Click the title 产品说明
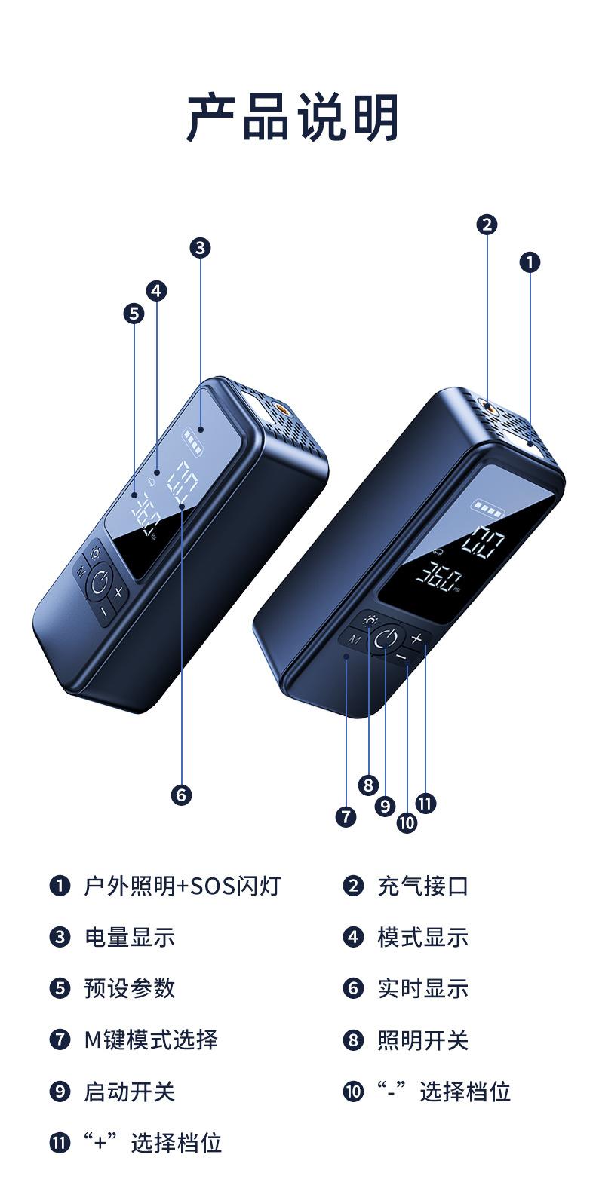[293, 118]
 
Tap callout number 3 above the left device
[199, 247]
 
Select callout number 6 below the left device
[181, 794]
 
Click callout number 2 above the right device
[487, 224]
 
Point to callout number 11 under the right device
[425, 803]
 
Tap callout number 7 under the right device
[346, 816]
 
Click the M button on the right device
[354, 638]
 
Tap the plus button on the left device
[118, 592]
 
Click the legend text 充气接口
[422, 886]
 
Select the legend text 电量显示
[129, 937]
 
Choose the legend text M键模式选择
[151, 1040]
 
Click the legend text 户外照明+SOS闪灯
[182, 886]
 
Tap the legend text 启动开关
[129, 1092]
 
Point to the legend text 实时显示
[422, 988]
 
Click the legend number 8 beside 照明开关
[353, 1040]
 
